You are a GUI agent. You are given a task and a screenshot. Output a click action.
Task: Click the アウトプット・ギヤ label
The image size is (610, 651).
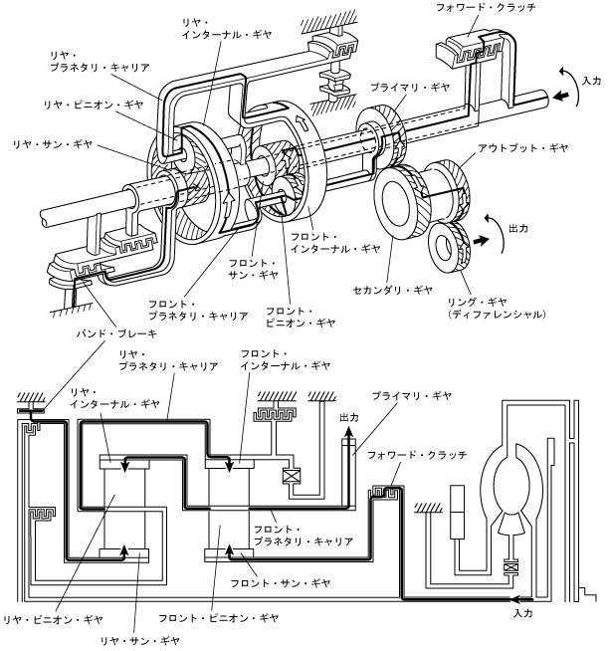coord(522,147)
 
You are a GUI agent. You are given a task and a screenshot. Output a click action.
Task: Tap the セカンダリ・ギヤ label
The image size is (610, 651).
coord(395,290)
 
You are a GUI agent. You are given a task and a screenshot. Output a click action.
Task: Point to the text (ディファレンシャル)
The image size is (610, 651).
coord(497,315)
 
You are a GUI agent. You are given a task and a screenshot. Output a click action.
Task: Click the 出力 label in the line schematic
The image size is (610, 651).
coord(347,418)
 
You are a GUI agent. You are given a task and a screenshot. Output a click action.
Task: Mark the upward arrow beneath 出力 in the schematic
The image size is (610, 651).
coord(349,438)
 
